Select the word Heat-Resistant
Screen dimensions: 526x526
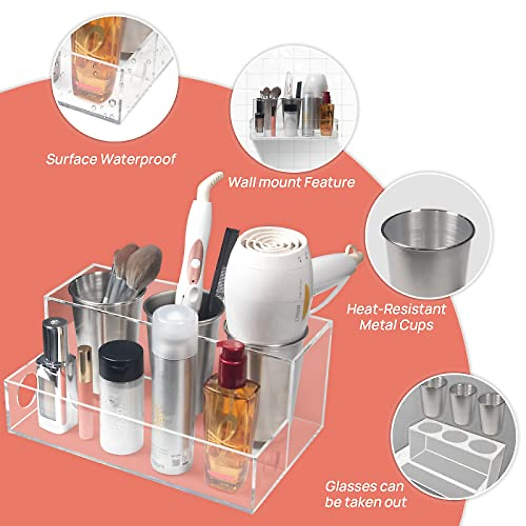(396, 309)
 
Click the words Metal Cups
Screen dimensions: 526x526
(396, 325)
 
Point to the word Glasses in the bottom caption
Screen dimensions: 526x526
(351, 487)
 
